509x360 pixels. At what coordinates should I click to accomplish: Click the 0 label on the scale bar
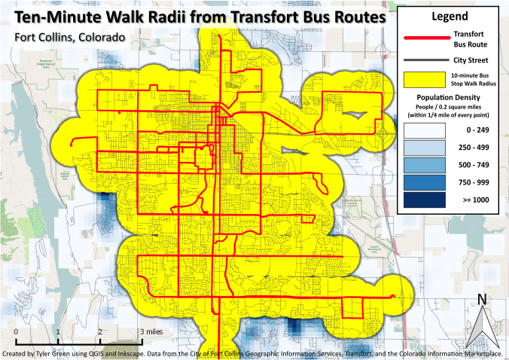(16, 331)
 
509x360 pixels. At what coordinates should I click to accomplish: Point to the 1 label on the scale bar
(58, 331)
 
